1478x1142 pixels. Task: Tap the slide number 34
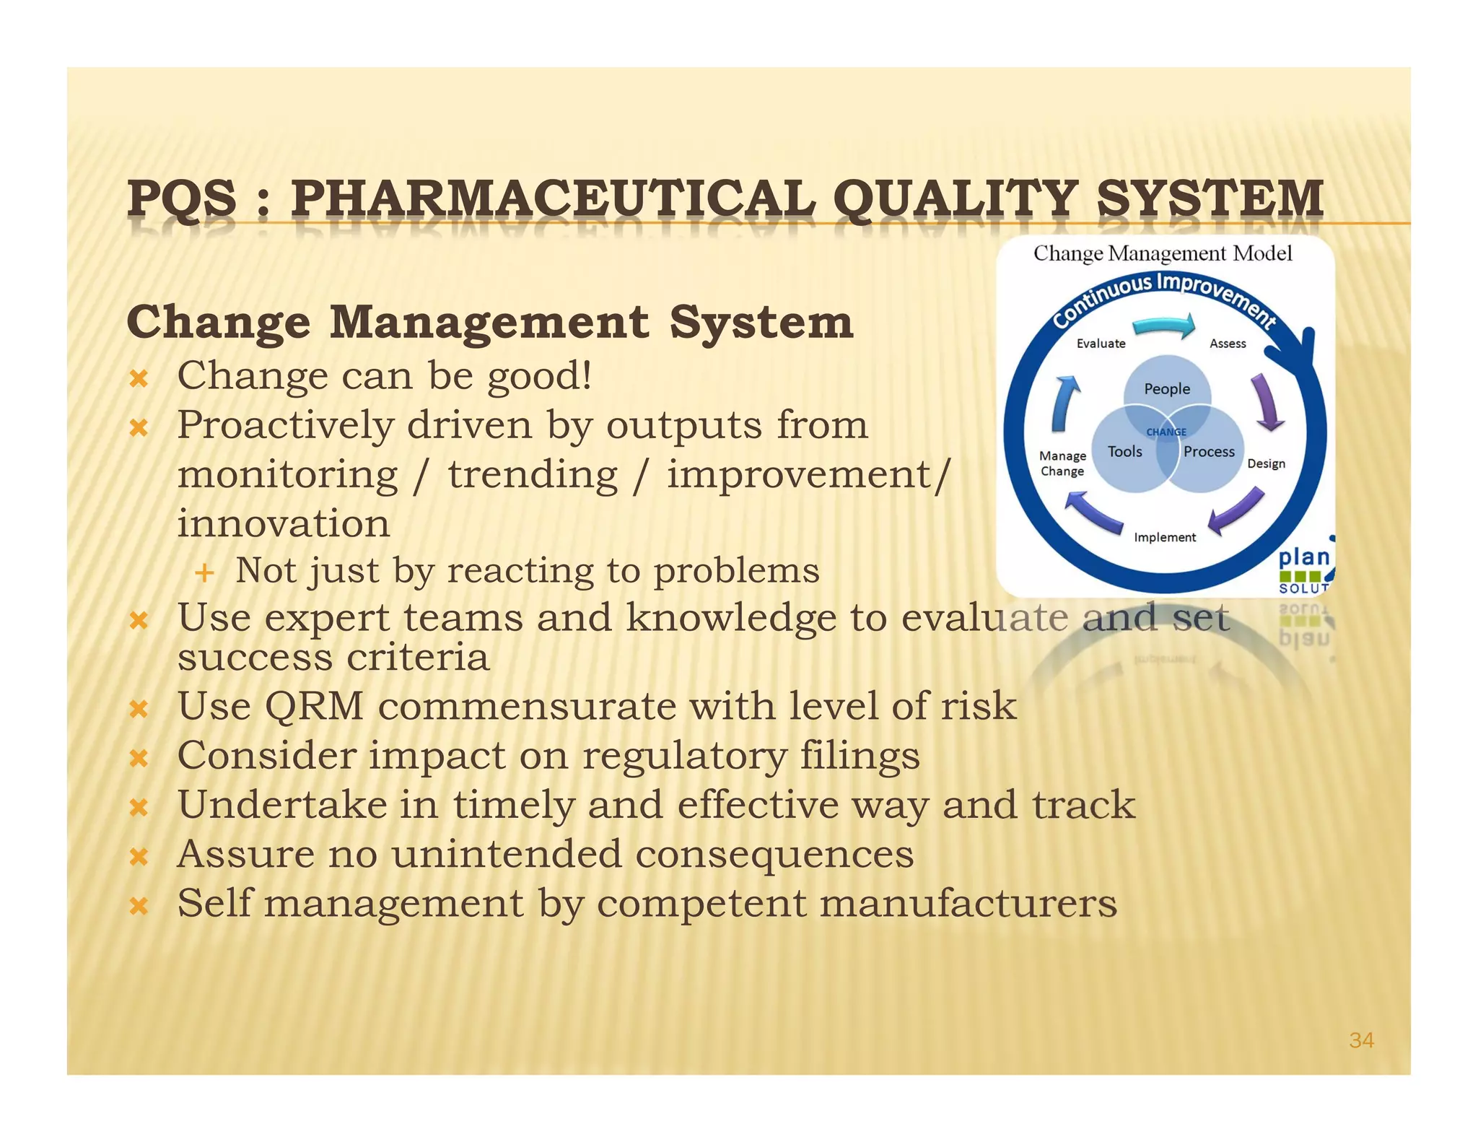(1361, 1040)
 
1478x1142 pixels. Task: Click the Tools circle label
(1124, 452)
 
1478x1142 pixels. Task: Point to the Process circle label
(1209, 452)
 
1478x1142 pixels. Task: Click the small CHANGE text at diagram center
(1166, 432)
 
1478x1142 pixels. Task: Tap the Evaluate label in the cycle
(1101, 344)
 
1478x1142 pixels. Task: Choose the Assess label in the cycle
(1228, 344)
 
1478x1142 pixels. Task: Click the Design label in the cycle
(1266, 463)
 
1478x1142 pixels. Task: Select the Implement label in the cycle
(1165, 537)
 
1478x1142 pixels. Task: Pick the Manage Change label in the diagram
(1062, 463)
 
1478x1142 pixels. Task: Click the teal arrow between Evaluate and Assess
(1163, 326)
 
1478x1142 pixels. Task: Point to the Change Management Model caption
(1163, 253)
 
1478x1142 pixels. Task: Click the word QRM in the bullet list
(314, 706)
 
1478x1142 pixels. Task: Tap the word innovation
(284, 523)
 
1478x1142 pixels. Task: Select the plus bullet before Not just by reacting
(205, 572)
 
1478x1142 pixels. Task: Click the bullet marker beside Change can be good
(139, 378)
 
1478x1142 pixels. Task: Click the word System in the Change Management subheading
(761, 322)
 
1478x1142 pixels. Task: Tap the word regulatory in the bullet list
(685, 756)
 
